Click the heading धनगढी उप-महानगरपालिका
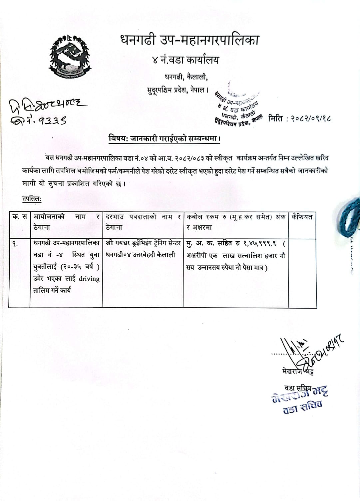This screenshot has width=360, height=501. (x=189, y=40)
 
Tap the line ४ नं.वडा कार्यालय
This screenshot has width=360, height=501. (x=185, y=60)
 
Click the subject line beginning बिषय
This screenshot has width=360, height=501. (x=164, y=138)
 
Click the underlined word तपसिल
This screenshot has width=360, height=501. (x=32, y=199)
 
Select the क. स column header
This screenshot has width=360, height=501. (x=20, y=217)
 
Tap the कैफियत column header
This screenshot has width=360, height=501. (x=302, y=217)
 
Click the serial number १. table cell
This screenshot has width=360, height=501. (x=15, y=244)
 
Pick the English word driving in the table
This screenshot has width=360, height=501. (x=89, y=279)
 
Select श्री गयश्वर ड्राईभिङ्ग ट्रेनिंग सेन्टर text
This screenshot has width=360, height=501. (x=143, y=243)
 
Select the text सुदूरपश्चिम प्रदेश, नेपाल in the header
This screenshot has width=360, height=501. (x=178, y=90)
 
